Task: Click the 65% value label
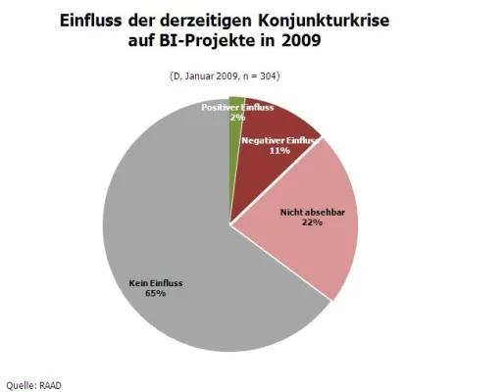click(156, 295)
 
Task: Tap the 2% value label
click(236, 117)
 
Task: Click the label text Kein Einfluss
click(156, 284)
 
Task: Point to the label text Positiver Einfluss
click(235, 106)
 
